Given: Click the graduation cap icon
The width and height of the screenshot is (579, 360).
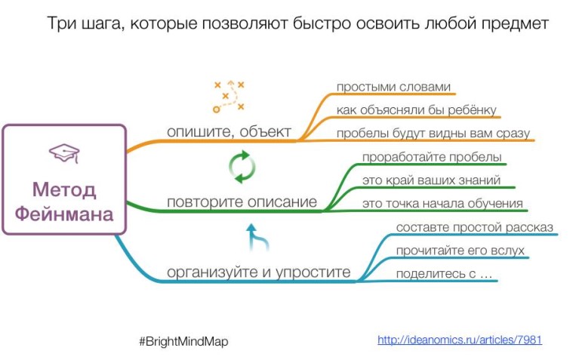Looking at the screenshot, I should pos(63,154).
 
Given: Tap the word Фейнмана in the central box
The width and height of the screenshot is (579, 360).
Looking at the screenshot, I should pos(64,214).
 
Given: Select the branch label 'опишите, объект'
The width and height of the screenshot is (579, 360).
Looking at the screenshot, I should pos(229,131).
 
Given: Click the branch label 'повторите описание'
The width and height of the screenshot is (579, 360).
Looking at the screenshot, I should pos(242,202).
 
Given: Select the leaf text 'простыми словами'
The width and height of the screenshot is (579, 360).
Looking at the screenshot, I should pos(393,87).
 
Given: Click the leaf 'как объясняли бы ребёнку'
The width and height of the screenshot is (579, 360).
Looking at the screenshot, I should pos(417,110).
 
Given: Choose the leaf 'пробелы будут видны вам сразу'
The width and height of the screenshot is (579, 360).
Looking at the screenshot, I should pos(433,134).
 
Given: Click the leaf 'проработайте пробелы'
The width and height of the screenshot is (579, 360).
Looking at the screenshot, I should pos(432,157).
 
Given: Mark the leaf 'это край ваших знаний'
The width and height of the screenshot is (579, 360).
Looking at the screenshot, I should pos(430,180).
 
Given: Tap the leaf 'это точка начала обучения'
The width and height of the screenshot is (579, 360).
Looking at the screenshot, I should pos(442,204).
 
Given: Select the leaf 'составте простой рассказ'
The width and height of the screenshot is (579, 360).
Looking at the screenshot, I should pos(474,227).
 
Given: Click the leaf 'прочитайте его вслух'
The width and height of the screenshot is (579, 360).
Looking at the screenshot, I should pos(460,251).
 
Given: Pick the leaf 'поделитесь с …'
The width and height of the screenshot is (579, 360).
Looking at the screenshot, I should pos(444,274).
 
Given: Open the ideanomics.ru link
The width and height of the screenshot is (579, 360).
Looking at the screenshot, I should pos(459,340).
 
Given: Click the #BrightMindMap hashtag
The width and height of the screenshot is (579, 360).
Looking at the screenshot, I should pos(183,341).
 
